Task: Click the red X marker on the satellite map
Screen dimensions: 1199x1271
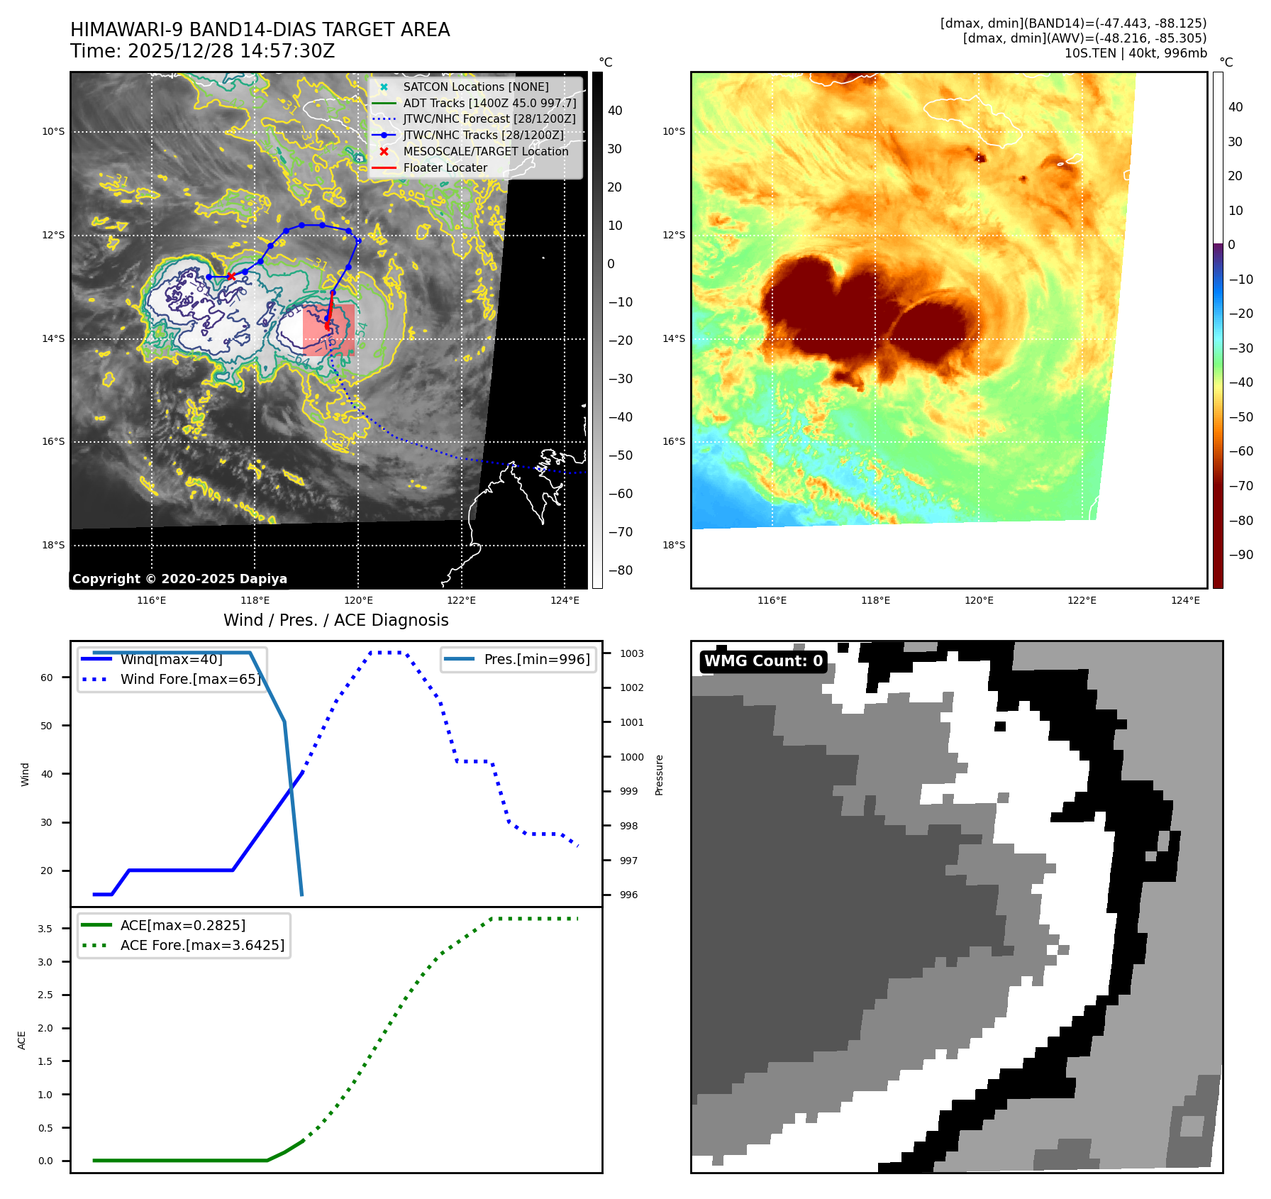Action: pos(231,276)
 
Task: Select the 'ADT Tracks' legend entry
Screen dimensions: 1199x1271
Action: pos(489,103)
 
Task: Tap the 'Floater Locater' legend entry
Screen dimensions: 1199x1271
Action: pos(445,167)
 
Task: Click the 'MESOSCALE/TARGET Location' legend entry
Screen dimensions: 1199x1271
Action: pos(485,151)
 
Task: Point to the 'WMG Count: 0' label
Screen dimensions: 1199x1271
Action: pos(763,661)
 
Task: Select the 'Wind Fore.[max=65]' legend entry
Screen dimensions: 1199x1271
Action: pos(190,679)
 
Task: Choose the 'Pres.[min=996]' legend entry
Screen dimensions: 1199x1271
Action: pos(536,659)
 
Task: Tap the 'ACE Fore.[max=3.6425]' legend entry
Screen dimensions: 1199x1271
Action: pos(202,945)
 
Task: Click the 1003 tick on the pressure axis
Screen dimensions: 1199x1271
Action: pos(631,653)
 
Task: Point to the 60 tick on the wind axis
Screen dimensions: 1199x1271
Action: pos(47,678)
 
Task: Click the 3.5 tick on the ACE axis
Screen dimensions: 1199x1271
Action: pos(45,929)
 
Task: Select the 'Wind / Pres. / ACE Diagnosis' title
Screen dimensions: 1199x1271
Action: pos(335,620)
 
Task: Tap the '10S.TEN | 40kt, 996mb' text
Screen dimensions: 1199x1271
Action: pos(1135,53)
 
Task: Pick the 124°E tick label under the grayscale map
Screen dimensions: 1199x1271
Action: pos(565,600)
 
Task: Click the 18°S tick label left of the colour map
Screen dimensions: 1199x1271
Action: pos(674,545)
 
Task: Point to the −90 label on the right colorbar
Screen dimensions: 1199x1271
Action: pos(1241,555)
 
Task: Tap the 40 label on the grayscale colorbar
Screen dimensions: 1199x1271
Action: pos(615,111)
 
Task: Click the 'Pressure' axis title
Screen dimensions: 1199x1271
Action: pos(659,775)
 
